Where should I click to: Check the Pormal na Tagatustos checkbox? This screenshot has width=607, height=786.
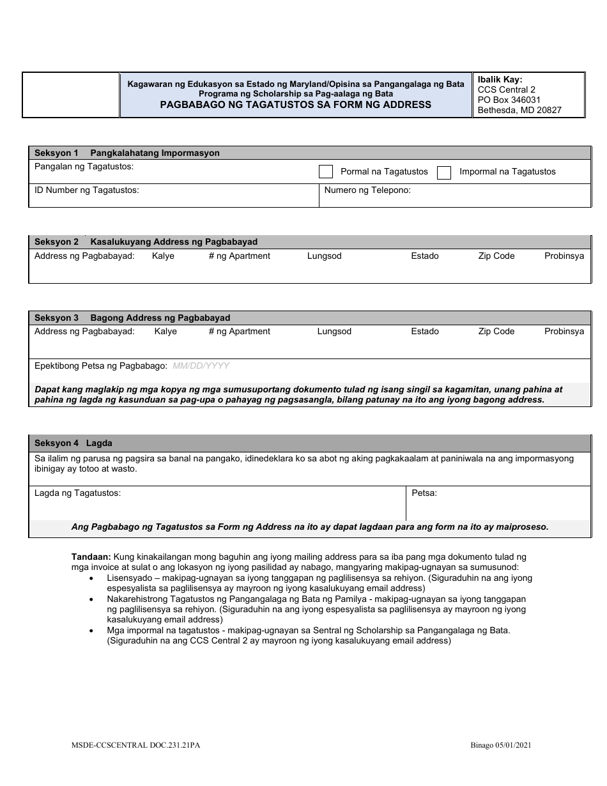326,172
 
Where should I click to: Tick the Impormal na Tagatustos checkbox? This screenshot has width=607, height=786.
444,172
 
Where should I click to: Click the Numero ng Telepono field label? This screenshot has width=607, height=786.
367,190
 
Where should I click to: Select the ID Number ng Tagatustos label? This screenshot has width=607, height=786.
86,190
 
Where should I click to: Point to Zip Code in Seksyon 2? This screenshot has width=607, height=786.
496,256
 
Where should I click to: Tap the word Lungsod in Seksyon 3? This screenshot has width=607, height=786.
334,331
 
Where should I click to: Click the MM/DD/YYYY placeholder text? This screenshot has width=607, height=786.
201,366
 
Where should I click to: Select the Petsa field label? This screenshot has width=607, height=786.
424,493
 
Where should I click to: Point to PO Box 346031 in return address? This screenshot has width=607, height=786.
509,100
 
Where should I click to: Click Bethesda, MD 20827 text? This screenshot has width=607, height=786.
519,110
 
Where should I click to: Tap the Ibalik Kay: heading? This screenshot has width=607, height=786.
500,80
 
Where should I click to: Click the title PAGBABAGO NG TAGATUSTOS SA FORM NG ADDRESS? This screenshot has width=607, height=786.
295,104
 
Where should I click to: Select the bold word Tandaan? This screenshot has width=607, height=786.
91,557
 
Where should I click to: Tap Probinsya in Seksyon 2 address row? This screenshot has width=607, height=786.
564,256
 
